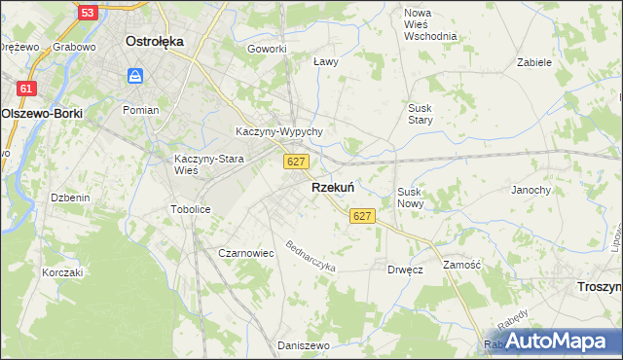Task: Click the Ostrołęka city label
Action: [x=156, y=42]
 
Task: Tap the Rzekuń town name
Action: [x=332, y=187]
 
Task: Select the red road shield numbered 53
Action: [x=88, y=12]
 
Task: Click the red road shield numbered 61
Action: [x=27, y=89]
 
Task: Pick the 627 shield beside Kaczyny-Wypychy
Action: [x=298, y=161]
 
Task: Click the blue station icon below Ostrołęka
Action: [x=135, y=75]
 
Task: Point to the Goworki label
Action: [x=267, y=49]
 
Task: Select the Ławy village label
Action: [x=325, y=61]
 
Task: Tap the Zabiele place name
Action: [x=534, y=61]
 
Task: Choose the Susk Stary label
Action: [x=421, y=114]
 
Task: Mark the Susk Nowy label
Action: [x=409, y=198]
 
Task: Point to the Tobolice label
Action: [x=190, y=209]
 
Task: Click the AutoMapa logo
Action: [x=552, y=340]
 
